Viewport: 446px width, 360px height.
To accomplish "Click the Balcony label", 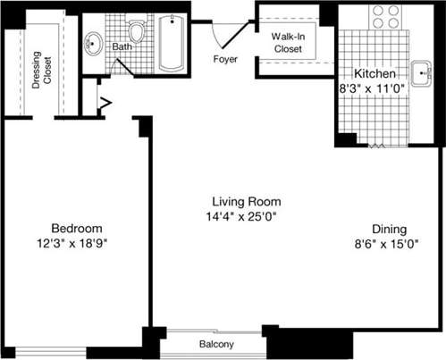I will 215,344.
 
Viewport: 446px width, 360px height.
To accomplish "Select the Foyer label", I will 226,60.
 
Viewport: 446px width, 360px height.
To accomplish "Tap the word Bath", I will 122,46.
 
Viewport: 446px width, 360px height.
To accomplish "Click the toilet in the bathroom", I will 137,32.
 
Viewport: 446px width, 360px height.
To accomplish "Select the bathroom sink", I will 95,41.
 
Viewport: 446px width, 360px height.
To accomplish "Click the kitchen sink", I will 421,70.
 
